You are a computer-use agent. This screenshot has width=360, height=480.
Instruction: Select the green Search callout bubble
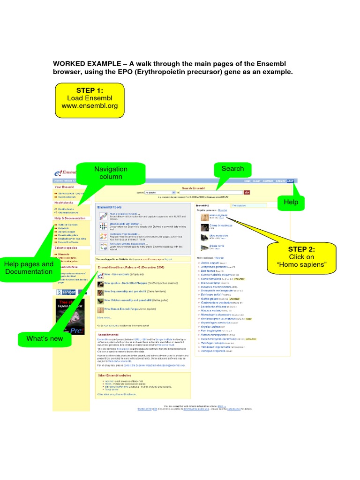click(x=232, y=169)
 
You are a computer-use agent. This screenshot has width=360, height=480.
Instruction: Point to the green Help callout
click(x=291, y=202)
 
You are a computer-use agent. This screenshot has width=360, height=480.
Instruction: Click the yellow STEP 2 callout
click(x=301, y=257)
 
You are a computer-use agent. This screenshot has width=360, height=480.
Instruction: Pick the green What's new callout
click(x=45, y=338)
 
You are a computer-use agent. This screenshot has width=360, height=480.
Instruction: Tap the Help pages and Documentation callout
click(x=29, y=268)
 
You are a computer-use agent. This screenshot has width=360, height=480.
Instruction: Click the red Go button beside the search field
click(x=247, y=192)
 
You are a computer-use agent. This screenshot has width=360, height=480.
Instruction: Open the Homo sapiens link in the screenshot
click(x=218, y=215)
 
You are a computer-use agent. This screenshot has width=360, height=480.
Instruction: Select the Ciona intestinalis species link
click(x=221, y=225)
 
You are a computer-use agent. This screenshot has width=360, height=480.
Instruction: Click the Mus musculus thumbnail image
click(x=204, y=237)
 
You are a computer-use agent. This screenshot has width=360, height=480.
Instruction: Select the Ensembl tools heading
click(x=109, y=207)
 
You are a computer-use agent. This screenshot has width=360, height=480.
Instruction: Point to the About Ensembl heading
click(x=109, y=334)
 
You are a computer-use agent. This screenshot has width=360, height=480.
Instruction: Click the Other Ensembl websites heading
click(x=114, y=375)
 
